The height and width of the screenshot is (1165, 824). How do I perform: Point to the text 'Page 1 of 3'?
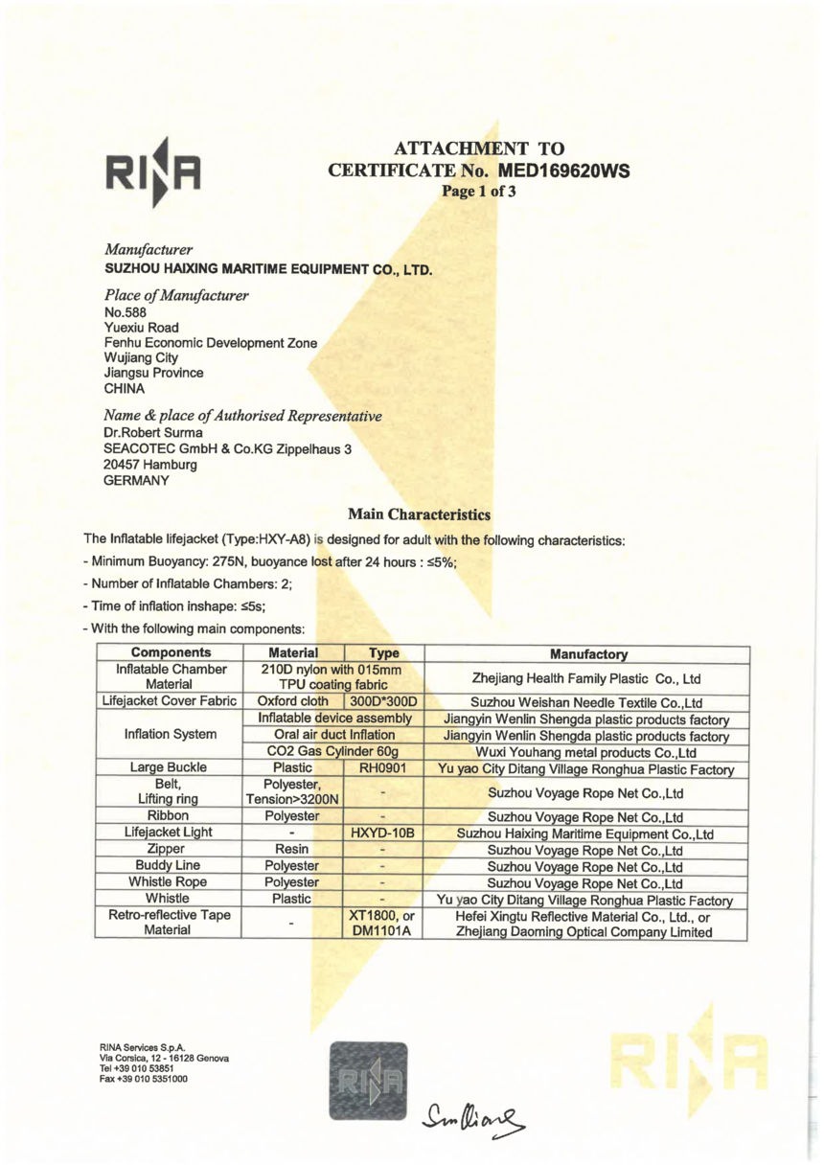(478, 191)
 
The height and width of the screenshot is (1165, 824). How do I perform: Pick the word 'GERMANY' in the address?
(137, 480)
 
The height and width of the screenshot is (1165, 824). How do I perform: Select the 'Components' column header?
(166, 654)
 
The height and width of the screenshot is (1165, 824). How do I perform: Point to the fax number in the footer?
(143, 1079)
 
